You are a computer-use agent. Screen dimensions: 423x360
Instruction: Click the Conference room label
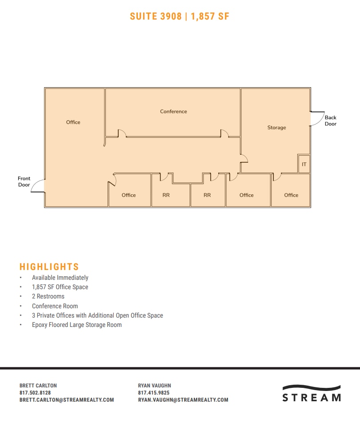pos(173,112)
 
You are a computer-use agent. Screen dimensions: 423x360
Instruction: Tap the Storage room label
pos(276,128)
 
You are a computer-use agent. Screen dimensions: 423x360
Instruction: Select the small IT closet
pos(304,164)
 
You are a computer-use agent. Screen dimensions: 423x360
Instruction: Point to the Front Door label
pos(24,181)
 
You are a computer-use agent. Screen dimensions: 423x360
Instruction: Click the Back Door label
pos(331,121)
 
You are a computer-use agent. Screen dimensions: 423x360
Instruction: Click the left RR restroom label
pos(166,195)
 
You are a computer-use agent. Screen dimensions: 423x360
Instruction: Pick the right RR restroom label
pos(207,195)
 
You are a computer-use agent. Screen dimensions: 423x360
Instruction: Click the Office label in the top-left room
pos(73,122)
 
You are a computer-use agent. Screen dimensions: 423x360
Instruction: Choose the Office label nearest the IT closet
pos(291,195)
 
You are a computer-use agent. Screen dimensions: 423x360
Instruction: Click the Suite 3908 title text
pos(180,16)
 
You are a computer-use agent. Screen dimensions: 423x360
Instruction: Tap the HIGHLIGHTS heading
pos(49,267)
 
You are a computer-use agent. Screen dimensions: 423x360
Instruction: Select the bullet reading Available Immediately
pos(60,278)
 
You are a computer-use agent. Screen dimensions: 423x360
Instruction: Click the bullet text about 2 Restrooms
pos(48,296)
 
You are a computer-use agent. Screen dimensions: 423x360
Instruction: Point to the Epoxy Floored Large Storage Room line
pos(76,325)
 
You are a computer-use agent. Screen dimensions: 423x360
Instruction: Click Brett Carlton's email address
pos(67,400)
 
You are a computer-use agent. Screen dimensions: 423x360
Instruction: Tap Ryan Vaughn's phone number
pos(154,393)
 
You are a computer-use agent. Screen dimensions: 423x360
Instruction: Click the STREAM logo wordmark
pos(312,397)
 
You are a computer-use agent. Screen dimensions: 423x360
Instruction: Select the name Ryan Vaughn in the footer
pos(155,386)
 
